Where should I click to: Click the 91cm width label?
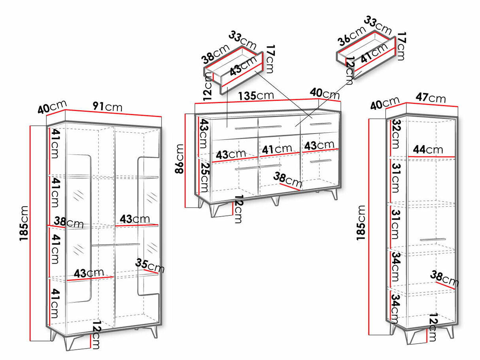point(108,106)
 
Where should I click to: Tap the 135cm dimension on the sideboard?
point(256,96)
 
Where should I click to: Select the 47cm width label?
point(431,98)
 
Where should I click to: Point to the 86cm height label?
point(180,159)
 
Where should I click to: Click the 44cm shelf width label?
point(428,150)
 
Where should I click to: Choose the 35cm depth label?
point(150,266)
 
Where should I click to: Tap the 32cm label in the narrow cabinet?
point(396,134)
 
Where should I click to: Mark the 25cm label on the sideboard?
point(204,177)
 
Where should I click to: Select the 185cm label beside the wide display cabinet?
point(24,223)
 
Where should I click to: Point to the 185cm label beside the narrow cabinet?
point(361,223)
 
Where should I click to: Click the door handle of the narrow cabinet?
point(433,239)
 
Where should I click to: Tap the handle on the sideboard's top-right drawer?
point(321,124)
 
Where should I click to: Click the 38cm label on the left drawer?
point(215,54)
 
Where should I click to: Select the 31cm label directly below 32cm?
point(396,178)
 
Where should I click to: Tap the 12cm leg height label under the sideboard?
point(238,209)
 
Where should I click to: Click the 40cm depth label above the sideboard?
point(325,93)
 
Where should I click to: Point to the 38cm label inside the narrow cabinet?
point(444,279)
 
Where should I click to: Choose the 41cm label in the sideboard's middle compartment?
point(277,149)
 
